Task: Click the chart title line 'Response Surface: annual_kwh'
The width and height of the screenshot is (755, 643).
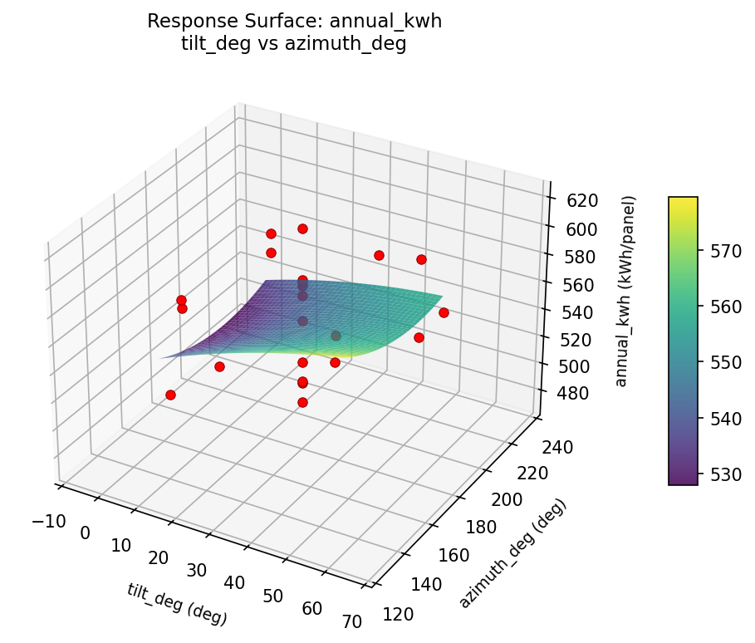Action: (294, 22)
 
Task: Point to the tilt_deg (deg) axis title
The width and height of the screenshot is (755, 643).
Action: (177, 604)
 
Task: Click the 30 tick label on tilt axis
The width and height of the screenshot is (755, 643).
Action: (197, 570)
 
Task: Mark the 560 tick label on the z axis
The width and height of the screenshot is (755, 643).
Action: (574, 285)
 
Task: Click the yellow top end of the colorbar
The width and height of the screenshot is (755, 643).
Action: (683, 201)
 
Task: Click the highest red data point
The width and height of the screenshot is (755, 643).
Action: (302, 228)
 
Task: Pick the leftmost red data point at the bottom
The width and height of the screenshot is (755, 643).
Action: (170, 395)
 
